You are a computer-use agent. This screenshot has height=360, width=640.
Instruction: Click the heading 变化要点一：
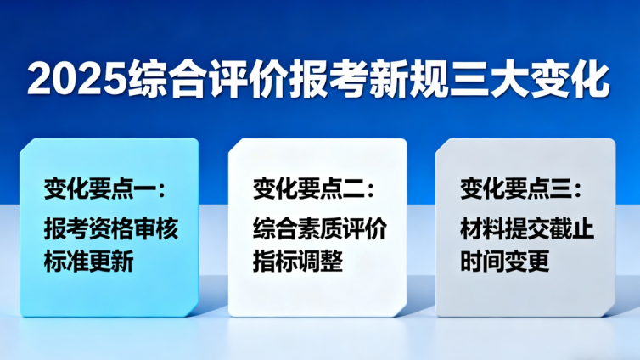coord(100,188)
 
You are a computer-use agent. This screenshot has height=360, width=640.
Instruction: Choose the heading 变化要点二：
coord(313,188)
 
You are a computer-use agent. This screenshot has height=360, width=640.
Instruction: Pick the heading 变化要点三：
coord(520,188)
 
